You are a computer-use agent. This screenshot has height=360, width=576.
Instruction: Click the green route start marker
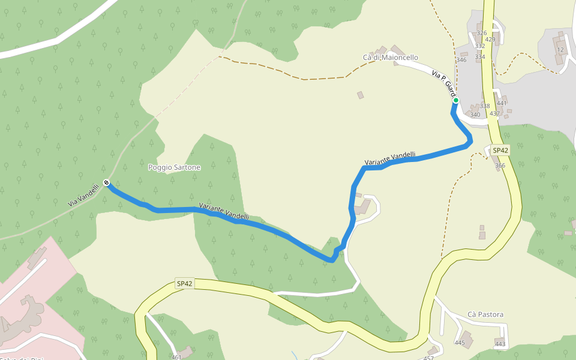455,100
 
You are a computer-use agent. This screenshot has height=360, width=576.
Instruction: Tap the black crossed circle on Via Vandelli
106,182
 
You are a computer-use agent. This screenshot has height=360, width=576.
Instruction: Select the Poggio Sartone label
174,167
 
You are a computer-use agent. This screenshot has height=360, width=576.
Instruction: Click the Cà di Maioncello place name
390,58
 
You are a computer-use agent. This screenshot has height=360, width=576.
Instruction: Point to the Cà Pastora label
485,314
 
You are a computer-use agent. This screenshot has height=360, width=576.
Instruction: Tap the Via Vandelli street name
83,196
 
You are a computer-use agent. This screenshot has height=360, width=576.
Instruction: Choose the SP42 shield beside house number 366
500,150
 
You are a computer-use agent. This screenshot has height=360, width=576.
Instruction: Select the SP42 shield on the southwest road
185,283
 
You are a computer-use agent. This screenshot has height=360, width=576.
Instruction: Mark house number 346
461,60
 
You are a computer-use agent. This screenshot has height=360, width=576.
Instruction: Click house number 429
490,40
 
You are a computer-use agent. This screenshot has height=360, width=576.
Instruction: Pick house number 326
481,33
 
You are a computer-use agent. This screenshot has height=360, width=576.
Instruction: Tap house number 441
502,103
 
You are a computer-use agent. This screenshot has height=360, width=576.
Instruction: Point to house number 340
475,115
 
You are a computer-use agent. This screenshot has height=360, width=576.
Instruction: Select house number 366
500,166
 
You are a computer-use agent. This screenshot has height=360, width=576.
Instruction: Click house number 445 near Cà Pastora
460,343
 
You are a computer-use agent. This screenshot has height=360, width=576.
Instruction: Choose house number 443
500,344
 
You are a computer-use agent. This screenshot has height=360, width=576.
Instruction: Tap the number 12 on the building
560,50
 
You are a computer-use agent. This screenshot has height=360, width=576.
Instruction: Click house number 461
176,358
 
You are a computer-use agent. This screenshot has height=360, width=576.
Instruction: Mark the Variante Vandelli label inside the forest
224,211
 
